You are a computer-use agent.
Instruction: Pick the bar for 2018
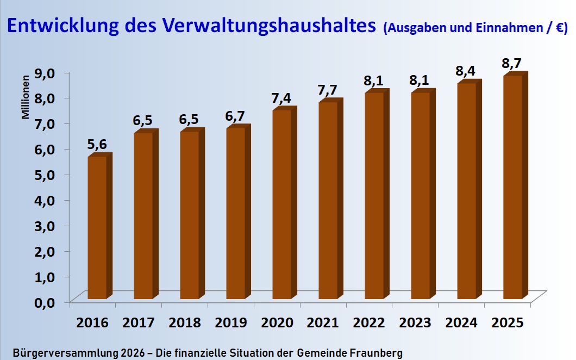(190, 215)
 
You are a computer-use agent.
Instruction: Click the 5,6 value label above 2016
(97, 145)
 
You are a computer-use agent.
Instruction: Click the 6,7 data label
(235, 116)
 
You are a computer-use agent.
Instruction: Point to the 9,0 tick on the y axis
(46, 72)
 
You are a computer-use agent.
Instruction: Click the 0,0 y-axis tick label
(46, 302)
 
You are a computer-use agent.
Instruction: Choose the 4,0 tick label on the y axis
(46, 200)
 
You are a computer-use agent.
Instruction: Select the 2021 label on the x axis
(323, 322)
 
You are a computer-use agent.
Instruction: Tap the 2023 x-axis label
(416, 322)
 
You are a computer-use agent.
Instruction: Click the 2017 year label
(139, 322)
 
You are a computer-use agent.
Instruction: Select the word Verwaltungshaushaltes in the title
(277, 26)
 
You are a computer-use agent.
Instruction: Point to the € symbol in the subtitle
(558, 28)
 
